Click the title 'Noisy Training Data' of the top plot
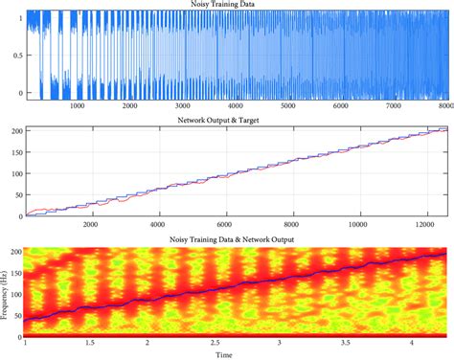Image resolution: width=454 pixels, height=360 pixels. [237, 5]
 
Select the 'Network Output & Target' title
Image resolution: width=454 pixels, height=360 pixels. [237, 120]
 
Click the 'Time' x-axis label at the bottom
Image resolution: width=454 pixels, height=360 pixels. [237, 354]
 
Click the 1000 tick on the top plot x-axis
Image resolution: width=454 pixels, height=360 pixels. [78, 106]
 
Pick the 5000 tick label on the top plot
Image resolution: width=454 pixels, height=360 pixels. [289, 106]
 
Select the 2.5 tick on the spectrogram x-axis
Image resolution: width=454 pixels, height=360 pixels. [213, 344]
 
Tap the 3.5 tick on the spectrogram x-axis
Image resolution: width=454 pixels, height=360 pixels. [344, 344]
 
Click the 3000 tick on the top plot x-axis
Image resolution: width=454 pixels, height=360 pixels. [184, 106]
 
